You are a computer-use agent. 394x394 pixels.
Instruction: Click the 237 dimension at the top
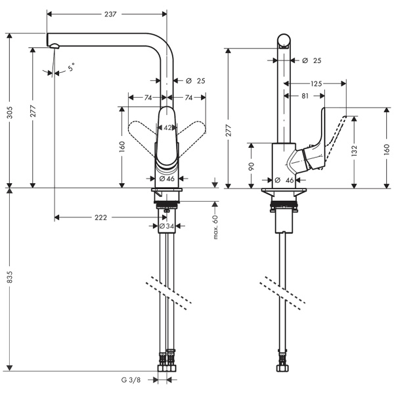coord(110,14)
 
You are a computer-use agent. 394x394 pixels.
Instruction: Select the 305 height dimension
coord(9,114)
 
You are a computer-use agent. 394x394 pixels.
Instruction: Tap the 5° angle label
coord(71,66)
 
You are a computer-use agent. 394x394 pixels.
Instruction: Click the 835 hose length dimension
coord(9,280)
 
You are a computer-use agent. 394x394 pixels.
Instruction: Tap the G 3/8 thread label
coord(131,380)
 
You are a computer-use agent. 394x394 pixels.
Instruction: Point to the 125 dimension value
coord(317,83)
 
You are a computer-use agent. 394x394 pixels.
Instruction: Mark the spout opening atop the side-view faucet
coord(284,44)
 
